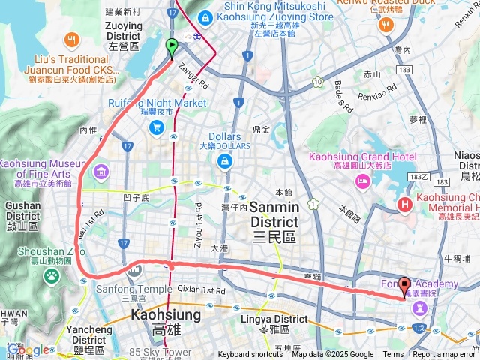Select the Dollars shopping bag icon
[223, 161]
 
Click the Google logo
[28, 349]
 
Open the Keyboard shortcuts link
[250, 355]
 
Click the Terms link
[393, 355]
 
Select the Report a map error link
[445, 355]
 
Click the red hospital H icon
[406, 203]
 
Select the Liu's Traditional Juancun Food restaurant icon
[71, 39]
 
